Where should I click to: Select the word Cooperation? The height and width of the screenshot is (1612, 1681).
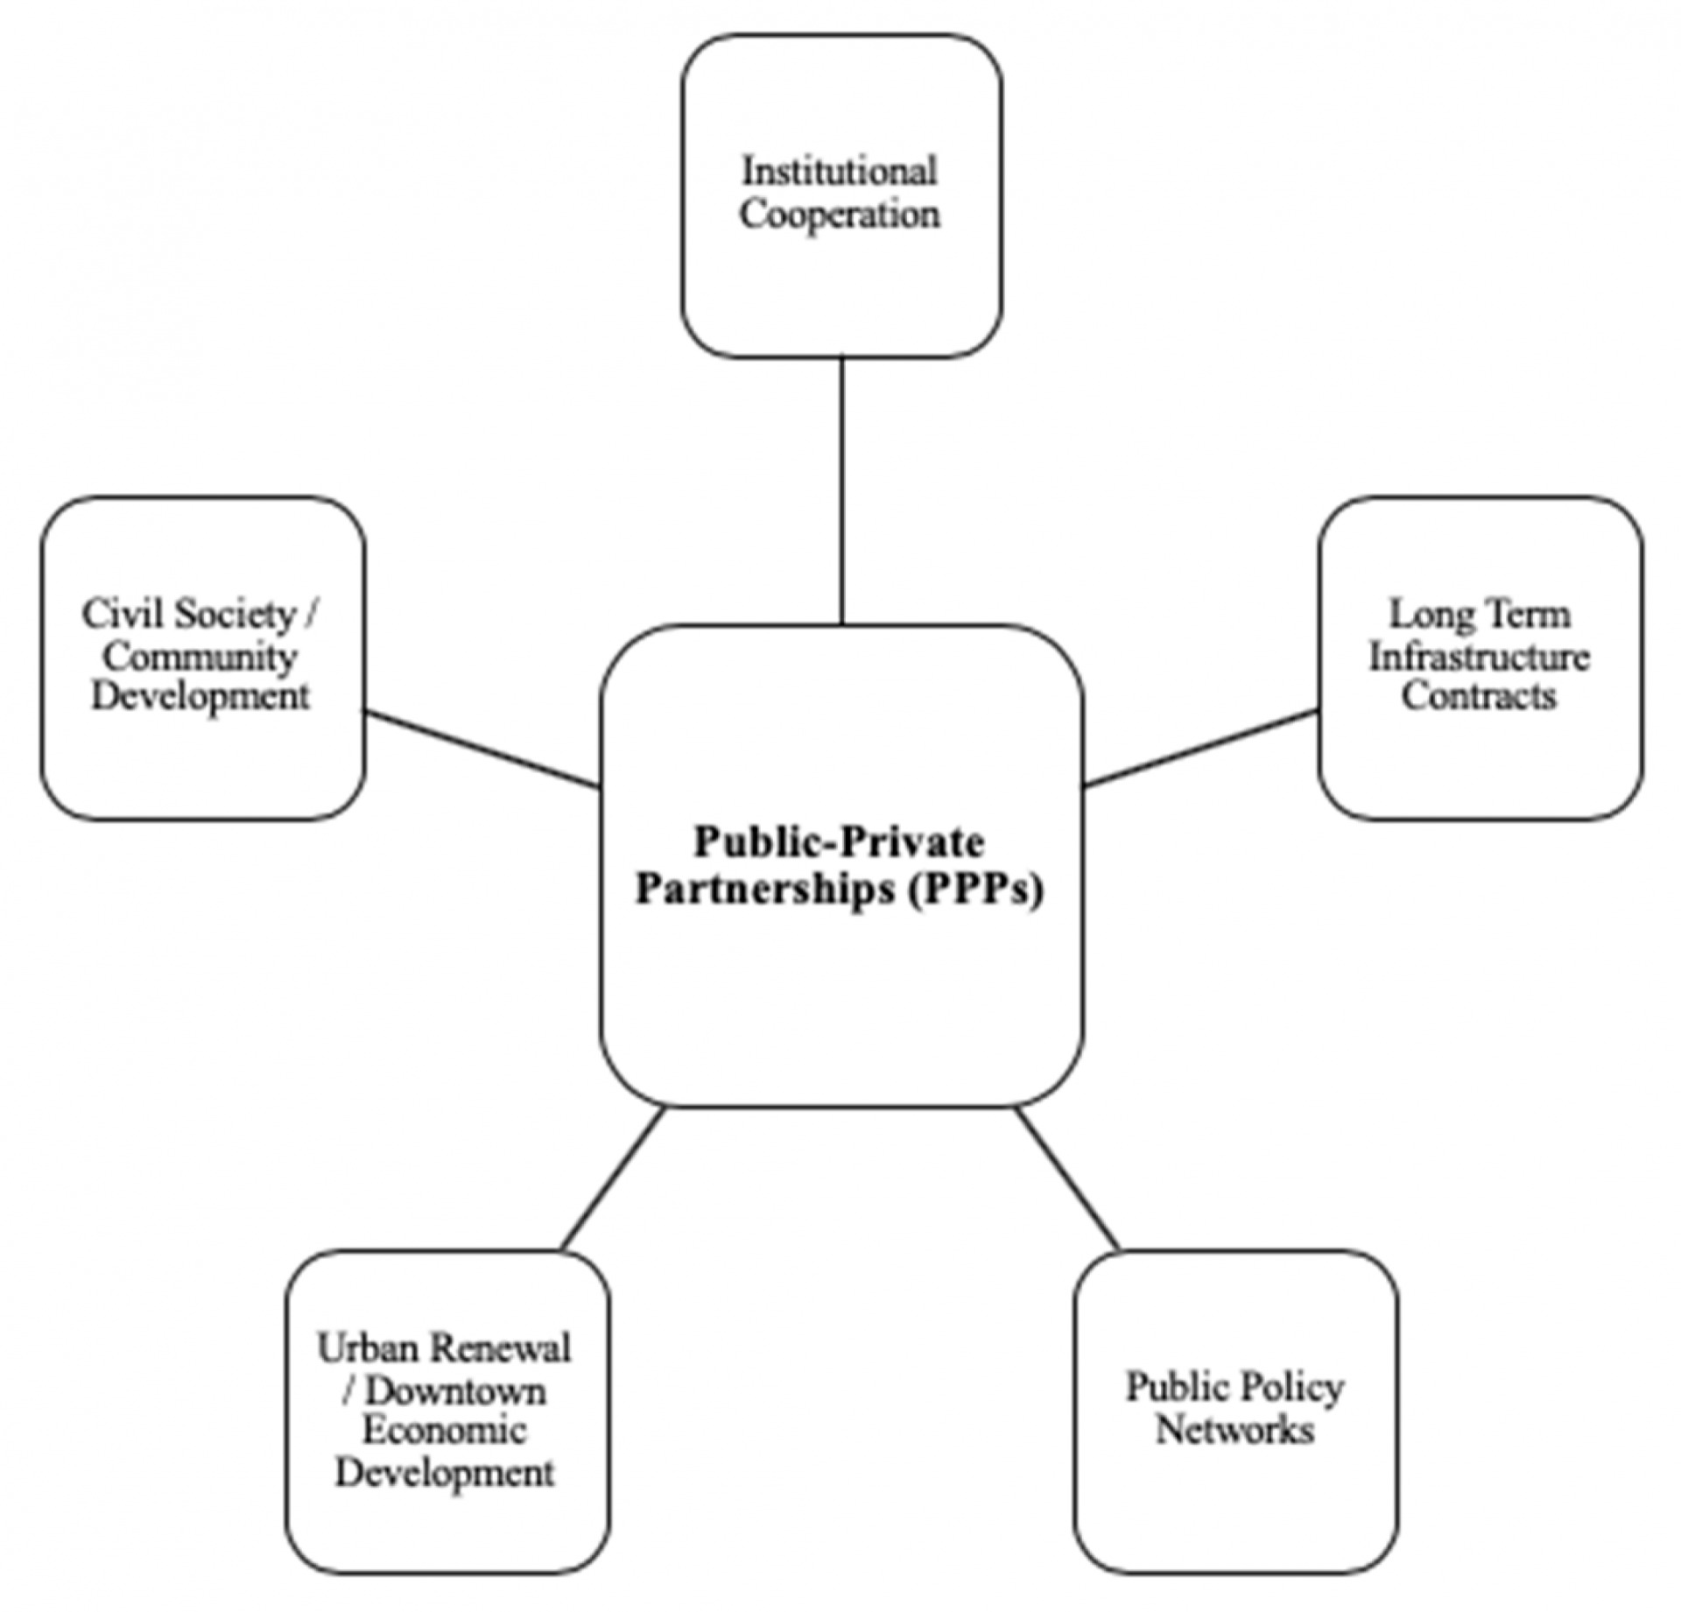click(x=840, y=215)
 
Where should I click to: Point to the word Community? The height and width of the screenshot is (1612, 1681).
click(x=201, y=658)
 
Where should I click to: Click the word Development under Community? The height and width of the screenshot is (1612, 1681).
click(x=201, y=698)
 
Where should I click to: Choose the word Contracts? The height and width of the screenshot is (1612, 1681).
click(x=1480, y=697)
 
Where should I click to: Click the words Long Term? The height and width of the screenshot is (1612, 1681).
click(x=1480, y=615)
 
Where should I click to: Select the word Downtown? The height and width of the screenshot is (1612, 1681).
click(x=454, y=1390)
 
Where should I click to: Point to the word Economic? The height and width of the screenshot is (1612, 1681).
click(x=445, y=1431)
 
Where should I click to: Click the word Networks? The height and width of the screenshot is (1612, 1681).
click(x=1235, y=1430)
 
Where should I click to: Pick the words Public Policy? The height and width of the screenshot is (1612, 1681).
click(x=1235, y=1387)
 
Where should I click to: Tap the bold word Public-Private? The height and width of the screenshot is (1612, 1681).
click(x=840, y=842)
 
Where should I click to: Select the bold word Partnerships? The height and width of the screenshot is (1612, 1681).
click(x=765, y=890)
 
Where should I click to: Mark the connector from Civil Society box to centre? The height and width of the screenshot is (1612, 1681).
click(x=482, y=750)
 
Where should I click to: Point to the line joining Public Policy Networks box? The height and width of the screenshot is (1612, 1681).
click(x=1068, y=1179)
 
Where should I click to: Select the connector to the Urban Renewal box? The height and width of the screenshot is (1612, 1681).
click(x=614, y=1179)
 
